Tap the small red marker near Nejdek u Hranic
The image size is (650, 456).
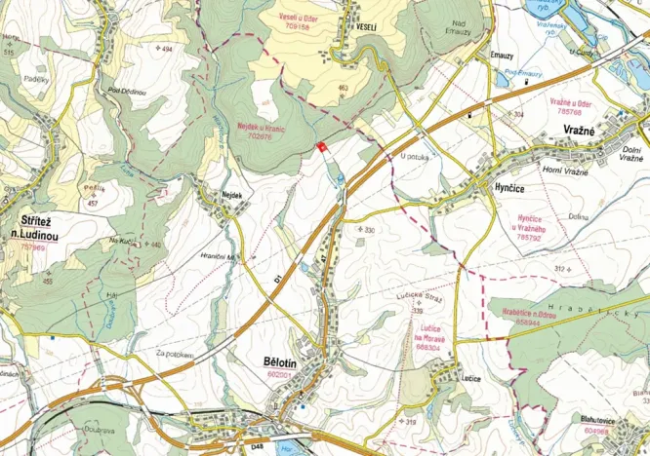[x=322, y=147]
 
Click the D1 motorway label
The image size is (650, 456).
[x=277, y=281]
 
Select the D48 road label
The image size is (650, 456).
[x=258, y=447]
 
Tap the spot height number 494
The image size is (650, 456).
[x=167, y=49]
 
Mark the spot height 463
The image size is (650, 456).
[x=343, y=89]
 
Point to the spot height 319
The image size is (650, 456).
[x=410, y=421]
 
